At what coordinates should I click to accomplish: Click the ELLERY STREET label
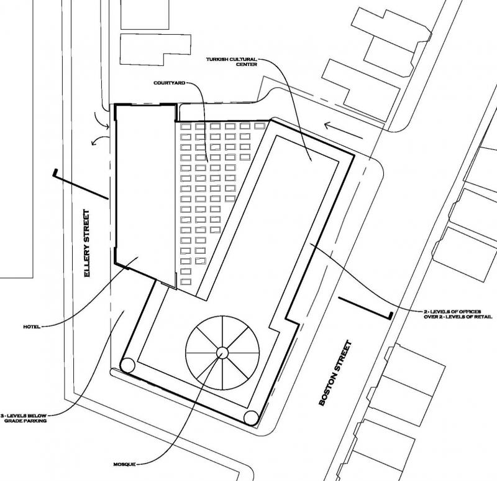[87, 243]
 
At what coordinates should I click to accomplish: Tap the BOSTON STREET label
[335, 373]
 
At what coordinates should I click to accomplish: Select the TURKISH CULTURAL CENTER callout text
[231, 62]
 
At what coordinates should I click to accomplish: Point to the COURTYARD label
[169, 83]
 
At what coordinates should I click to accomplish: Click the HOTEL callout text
[32, 327]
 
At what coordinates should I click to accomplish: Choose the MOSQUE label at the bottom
[124, 464]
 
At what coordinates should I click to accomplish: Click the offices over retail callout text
[458, 314]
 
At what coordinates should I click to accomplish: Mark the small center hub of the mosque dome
[222, 352]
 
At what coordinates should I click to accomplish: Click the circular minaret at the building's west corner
[128, 365]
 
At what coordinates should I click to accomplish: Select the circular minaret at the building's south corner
[252, 418]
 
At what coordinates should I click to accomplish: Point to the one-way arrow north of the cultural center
[344, 131]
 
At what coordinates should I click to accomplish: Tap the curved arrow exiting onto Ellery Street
[100, 139]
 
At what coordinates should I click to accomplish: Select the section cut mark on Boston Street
[365, 308]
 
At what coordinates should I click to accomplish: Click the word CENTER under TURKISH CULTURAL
[247, 64]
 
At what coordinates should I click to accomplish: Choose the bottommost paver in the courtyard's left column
[186, 282]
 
